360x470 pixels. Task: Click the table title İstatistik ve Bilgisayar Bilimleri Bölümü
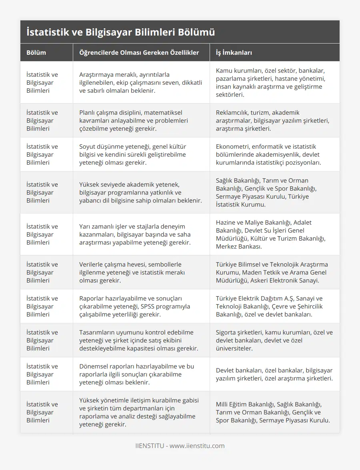pyautogui.click(x=121, y=32)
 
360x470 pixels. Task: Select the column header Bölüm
pyautogui.click(x=36, y=52)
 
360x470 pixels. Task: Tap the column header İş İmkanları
pyautogui.click(x=234, y=52)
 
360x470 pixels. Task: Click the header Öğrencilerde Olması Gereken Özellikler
pyautogui.click(x=139, y=52)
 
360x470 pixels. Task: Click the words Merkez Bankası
pyautogui.click(x=239, y=246)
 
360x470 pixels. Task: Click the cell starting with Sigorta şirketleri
pyautogui.click(x=274, y=340)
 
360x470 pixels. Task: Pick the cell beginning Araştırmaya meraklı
pyautogui.click(x=140, y=82)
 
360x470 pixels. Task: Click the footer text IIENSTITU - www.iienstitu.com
pyautogui.click(x=180, y=446)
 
